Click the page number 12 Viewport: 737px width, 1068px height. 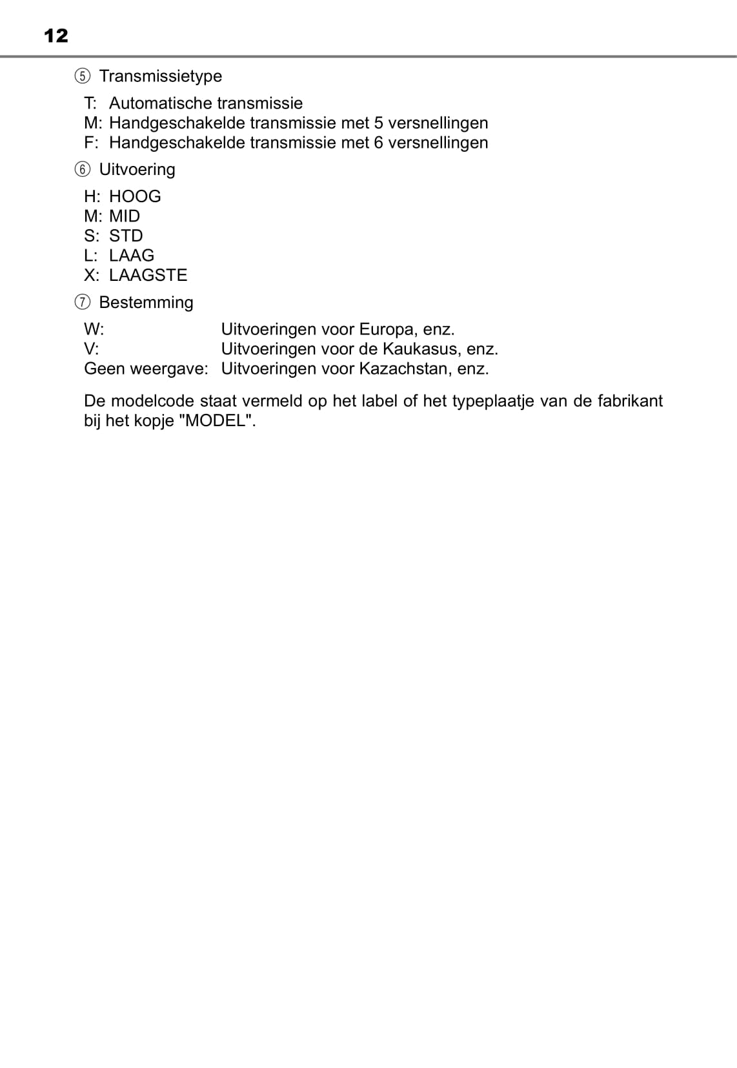(x=56, y=36)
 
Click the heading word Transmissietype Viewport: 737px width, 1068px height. (x=160, y=76)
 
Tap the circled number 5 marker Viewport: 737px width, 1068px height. (x=82, y=76)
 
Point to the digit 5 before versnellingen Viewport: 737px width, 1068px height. (x=379, y=123)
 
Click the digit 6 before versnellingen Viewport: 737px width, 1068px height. (x=379, y=143)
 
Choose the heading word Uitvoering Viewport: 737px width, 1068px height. (x=137, y=170)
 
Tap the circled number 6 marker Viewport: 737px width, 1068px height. (x=82, y=170)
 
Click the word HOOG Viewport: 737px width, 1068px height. (x=135, y=196)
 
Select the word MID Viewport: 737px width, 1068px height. (x=125, y=216)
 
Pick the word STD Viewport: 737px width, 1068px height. (x=126, y=236)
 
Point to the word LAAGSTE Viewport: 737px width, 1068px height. (x=148, y=275)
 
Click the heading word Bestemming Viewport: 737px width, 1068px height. (x=146, y=303)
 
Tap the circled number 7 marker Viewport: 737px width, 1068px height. (x=82, y=303)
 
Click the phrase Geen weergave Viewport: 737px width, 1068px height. (x=146, y=369)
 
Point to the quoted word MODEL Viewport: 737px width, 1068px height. (x=217, y=421)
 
